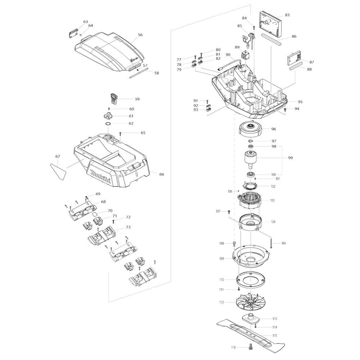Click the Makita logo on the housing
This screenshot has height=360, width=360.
point(100,176)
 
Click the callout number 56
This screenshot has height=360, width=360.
point(140,35)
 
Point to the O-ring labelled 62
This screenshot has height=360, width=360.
point(108,124)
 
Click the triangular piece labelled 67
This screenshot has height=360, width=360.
point(58,171)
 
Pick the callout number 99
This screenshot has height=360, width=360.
point(291,158)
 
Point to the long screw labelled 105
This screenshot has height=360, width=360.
point(271,242)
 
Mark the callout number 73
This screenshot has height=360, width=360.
point(128,227)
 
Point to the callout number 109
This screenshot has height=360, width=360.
point(221,258)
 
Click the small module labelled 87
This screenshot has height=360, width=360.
point(294,58)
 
